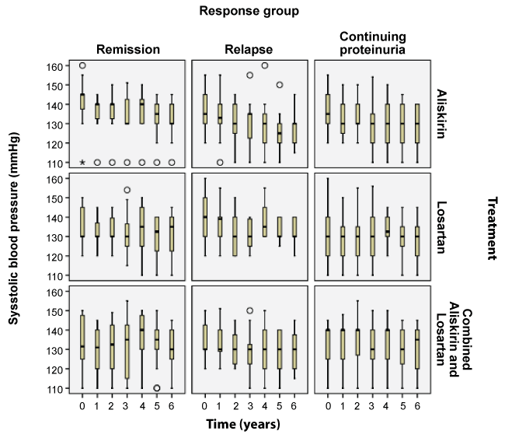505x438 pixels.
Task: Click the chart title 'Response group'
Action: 249,11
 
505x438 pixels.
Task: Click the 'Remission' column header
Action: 127,50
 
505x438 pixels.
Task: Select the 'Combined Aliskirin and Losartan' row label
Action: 452,340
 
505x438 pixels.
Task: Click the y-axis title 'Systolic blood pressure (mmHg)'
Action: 13,233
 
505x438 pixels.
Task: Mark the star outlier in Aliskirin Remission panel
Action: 82,163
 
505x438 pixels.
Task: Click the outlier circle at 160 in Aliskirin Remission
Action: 82,66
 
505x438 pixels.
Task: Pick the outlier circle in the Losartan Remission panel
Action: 127,190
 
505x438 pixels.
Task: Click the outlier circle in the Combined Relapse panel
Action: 250,310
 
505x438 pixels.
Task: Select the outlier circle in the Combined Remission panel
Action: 157,388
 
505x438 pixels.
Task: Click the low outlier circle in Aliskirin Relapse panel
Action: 220,163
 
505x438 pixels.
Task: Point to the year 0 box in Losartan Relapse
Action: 205,216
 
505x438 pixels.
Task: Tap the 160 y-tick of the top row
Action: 53,66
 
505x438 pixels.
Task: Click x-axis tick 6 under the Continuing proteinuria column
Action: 417,405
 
